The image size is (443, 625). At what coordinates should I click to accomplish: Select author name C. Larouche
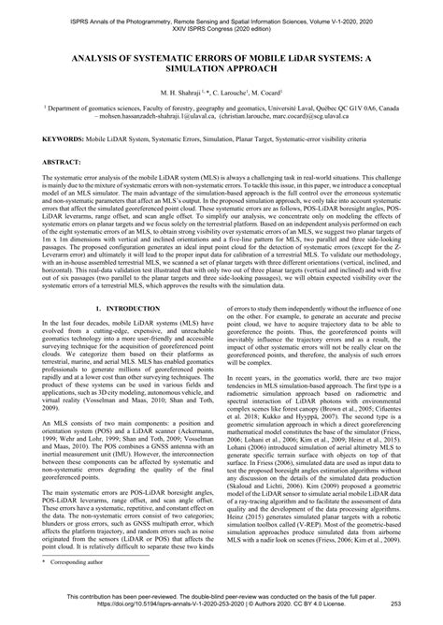(x=236, y=94)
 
